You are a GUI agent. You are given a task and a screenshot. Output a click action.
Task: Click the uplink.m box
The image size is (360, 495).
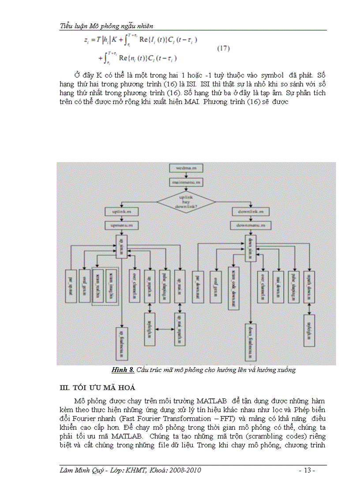[x=122, y=212]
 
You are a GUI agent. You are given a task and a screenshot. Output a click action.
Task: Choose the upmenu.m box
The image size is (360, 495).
[x=122, y=225]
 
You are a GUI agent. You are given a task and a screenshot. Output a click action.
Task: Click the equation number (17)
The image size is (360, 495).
[x=223, y=48]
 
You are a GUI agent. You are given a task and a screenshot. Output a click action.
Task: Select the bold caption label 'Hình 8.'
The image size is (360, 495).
[x=123, y=370]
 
